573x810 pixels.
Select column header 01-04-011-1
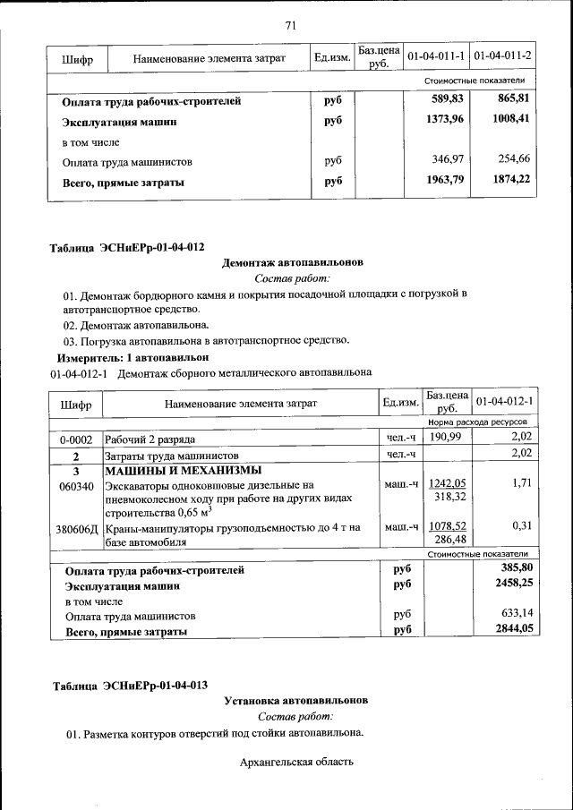436,57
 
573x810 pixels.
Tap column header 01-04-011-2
502,57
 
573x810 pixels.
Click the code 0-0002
76,439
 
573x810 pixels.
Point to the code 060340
76,486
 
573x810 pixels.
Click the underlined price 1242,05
448,483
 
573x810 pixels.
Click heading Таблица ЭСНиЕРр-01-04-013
130,686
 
